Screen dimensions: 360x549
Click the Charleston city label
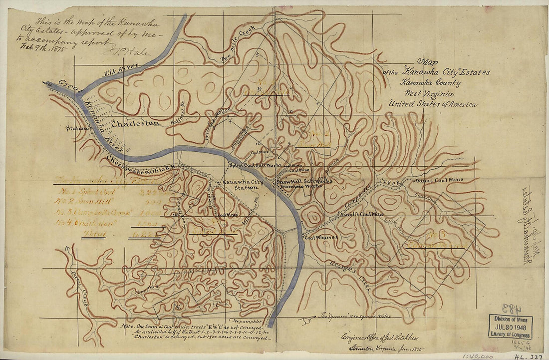[136, 123]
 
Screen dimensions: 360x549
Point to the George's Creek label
[350, 275]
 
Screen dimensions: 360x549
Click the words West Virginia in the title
[429, 94]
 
